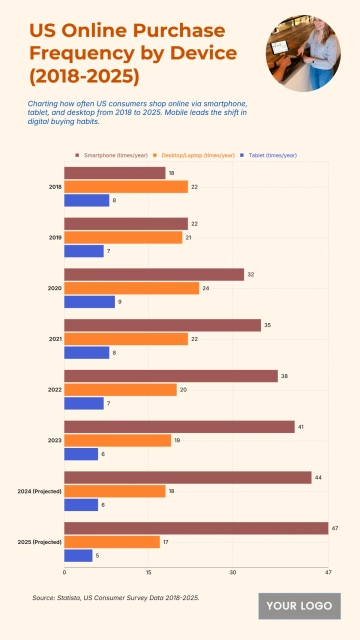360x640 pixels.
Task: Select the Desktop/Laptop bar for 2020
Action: (131, 288)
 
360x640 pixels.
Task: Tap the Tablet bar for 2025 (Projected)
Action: (78, 555)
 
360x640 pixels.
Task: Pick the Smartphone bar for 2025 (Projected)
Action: (196, 528)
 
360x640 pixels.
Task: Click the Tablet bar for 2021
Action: (86, 352)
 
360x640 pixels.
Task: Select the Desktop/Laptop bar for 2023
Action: (117, 440)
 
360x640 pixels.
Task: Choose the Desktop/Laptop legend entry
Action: (201, 155)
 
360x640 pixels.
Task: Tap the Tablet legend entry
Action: (272, 155)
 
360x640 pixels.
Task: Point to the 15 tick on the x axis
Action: (148, 573)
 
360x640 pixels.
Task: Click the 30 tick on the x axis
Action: (232, 573)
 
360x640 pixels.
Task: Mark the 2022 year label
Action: (54, 390)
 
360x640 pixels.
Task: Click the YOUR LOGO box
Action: (299, 605)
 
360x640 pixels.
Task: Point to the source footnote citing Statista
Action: (116, 597)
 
